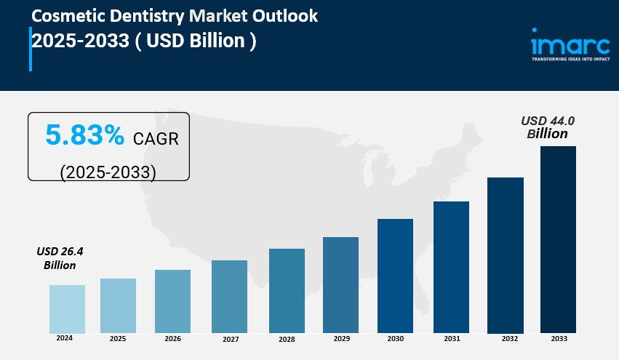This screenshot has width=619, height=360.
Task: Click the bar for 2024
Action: pyautogui.click(x=67, y=308)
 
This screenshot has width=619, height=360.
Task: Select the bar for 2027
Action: pyautogui.click(x=229, y=296)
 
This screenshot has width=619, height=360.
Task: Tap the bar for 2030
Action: pyautogui.click(x=395, y=276)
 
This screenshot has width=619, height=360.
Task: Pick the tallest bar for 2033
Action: pyautogui.click(x=558, y=239)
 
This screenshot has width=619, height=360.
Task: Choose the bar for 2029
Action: pyautogui.click(x=340, y=284)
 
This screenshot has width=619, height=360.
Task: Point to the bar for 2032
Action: pyautogui.click(x=506, y=255)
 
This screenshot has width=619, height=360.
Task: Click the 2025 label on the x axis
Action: pyautogui.click(x=117, y=338)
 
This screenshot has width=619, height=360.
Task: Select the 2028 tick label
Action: pyautogui.click(x=287, y=339)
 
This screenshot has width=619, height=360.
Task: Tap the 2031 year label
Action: pyautogui.click(x=451, y=338)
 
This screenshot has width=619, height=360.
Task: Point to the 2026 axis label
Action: pyautogui.click(x=172, y=338)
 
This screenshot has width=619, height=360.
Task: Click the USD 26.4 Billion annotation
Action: pyautogui.click(x=60, y=258)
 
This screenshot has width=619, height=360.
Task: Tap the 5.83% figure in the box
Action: pyautogui.click(x=84, y=135)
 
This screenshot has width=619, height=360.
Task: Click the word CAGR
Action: pyautogui.click(x=156, y=137)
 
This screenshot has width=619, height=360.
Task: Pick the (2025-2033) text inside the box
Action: pyautogui.click(x=108, y=172)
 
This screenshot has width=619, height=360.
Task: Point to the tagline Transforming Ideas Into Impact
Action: pyautogui.click(x=570, y=60)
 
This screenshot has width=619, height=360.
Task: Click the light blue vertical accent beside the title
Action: pyautogui.click(x=31, y=49)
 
